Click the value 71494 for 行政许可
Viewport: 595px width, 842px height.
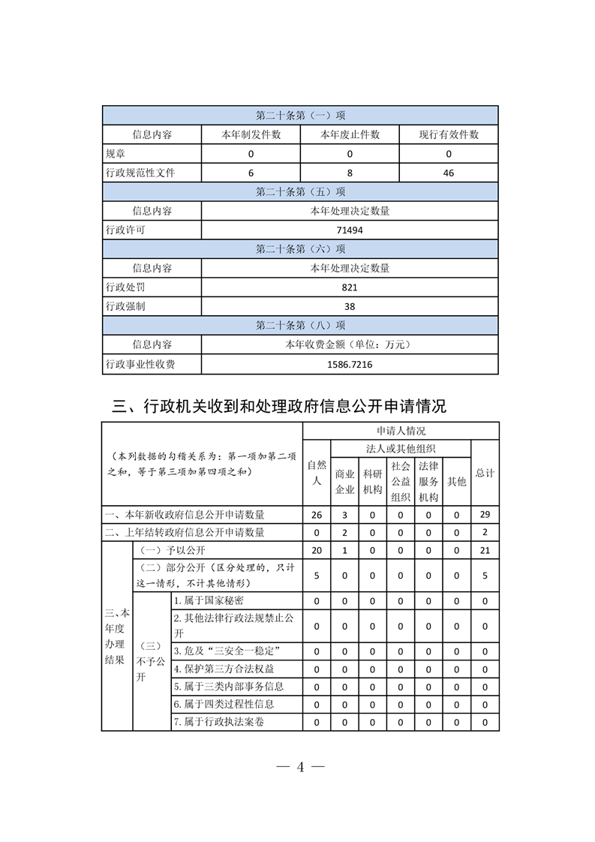(x=350, y=230)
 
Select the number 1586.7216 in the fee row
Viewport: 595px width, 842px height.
(x=350, y=365)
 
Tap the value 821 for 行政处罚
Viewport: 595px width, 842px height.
(x=350, y=287)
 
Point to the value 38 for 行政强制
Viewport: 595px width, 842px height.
(x=350, y=306)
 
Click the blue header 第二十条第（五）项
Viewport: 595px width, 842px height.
(x=300, y=191)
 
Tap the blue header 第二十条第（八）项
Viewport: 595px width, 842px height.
(x=300, y=326)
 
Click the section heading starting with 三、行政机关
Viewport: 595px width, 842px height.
(x=278, y=406)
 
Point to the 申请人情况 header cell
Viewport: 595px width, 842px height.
(x=401, y=431)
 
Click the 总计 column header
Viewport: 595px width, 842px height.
(x=485, y=474)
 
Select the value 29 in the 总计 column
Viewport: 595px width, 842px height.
(x=485, y=515)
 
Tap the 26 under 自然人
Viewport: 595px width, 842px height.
(x=317, y=515)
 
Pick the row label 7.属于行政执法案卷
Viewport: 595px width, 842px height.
(x=218, y=722)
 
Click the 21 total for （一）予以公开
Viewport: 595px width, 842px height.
(x=485, y=551)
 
